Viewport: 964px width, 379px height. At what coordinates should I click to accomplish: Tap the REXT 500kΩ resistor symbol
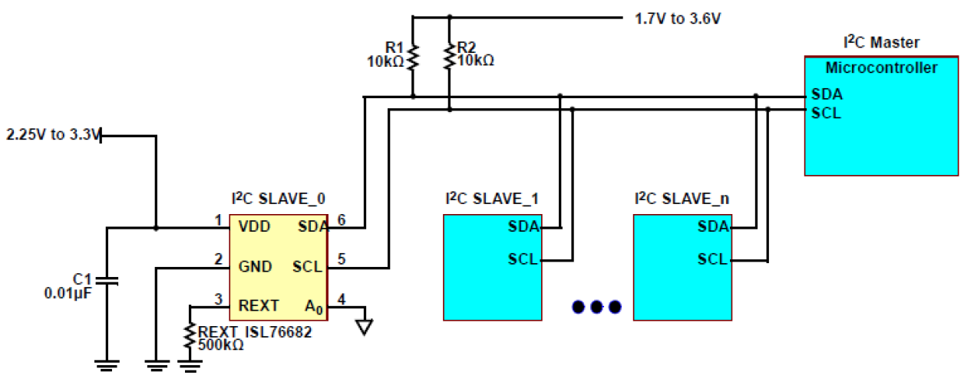click(190, 335)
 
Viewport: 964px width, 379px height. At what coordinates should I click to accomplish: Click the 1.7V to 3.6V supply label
click(678, 18)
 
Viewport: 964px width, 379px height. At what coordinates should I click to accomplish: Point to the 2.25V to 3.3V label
click(52, 135)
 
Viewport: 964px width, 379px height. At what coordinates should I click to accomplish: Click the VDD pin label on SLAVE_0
click(254, 227)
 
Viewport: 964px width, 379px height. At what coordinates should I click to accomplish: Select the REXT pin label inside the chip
click(259, 305)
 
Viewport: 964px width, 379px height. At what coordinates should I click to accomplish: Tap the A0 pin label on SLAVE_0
click(312, 306)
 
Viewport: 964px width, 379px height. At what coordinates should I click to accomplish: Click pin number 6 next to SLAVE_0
click(342, 220)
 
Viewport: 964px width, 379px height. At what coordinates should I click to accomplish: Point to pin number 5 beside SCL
click(342, 259)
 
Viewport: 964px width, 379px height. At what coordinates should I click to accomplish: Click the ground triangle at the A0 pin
click(365, 327)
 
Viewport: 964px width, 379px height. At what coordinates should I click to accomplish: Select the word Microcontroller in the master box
click(881, 68)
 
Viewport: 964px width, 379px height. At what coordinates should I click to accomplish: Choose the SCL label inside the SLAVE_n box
click(712, 259)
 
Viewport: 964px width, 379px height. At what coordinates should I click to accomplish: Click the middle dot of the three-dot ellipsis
click(596, 307)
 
